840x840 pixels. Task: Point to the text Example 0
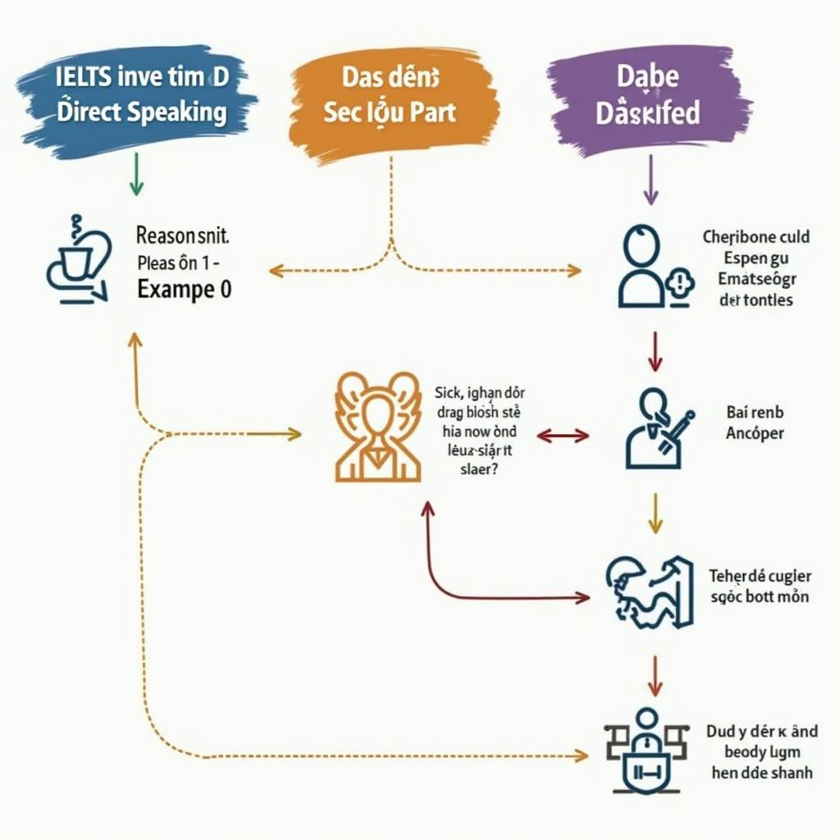click(x=185, y=290)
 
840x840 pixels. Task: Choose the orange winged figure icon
click(x=378, y=426)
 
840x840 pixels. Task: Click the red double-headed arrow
click(x=563, y=436)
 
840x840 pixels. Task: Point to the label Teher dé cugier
click(x=759, y=586)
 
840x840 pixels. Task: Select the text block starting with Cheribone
click(x=756, y=268)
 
